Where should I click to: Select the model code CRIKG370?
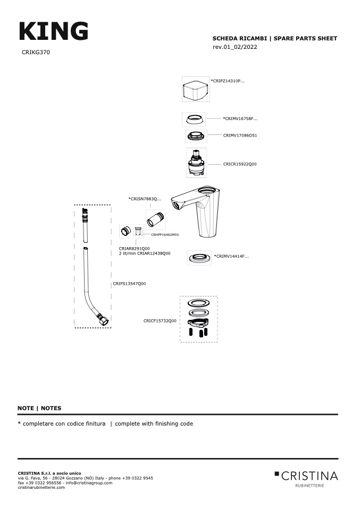(x=36, y=53)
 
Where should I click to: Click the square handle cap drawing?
(x=195, y=89)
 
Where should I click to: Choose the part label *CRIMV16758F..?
(x=240, y=118)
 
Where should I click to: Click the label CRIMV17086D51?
(x=240, y=135)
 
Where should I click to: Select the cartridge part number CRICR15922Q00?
(x=240, y=164)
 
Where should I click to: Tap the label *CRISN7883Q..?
(x=145, y=199)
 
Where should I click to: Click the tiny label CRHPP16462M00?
(x=165, y=234)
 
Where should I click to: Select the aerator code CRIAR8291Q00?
(x=134, y=248)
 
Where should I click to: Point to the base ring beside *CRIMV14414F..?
(x=199, y=258)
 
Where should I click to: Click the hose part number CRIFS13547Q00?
(x=129, y=284)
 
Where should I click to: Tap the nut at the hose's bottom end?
(x=103, y=320)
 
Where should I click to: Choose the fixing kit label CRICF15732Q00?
(x=160, y=321)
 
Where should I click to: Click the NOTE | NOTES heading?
(x=39, y=408)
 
